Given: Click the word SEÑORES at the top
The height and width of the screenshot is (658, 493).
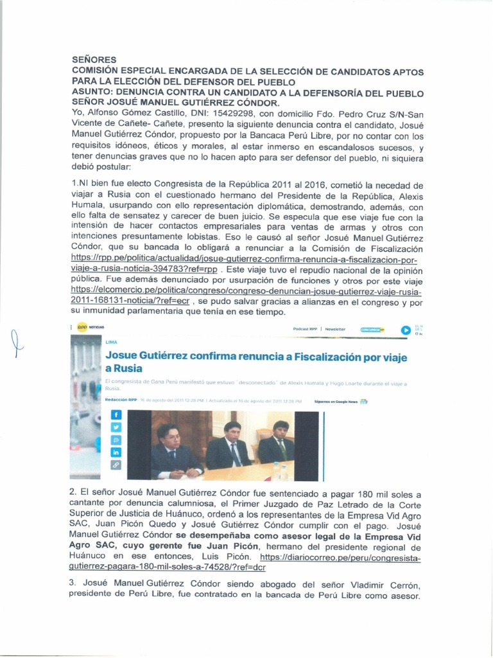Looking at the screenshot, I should pyautogui.click(x=94, y=59).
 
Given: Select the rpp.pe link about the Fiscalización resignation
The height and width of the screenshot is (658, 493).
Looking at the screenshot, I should pyautogui.click(x=244, y=259).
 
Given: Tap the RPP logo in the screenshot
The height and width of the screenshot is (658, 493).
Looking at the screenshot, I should pyautogui.click(x=82, y=328).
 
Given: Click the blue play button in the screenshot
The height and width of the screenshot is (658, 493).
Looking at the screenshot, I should pyautogui.click(x=406, y=330).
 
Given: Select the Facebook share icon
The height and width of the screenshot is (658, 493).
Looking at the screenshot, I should pyautogui.click(x=116, y=415).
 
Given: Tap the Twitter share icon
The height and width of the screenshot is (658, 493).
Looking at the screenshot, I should pyautogui.click(x=116, y=427).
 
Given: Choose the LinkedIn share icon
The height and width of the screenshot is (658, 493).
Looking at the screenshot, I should pyautogui.click(x=116, y=452).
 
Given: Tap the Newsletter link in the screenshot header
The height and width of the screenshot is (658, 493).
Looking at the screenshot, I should pyautogui.click(x=335, y=329).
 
